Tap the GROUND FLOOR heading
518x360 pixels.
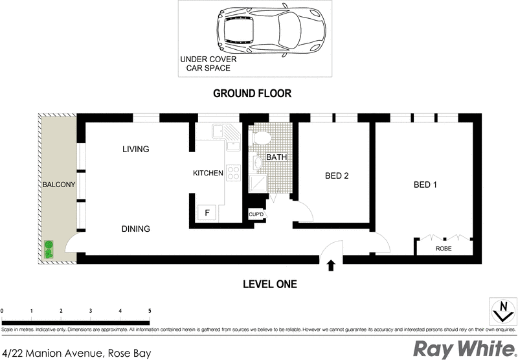(x=253, y=93)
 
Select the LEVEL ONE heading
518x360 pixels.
(x=269, y=284)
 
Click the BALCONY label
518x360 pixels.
(x=59, y=185)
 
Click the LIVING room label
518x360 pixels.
(x=135, y=150)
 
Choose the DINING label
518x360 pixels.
(x=135, y=229)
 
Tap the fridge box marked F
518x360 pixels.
(x=207, y=213)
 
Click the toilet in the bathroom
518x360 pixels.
(x=262, y=138)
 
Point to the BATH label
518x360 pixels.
(x=276, y=157)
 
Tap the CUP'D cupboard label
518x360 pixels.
(x=256, y=214)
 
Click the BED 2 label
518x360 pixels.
(x=337, y=175)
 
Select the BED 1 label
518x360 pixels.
(x=425, y=185)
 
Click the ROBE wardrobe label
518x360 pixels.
(x=444, y=248)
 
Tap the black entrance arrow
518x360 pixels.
(x=332, y=265)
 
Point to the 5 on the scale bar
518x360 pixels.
(x=150, y=311)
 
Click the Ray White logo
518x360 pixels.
(x=461, y=348)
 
